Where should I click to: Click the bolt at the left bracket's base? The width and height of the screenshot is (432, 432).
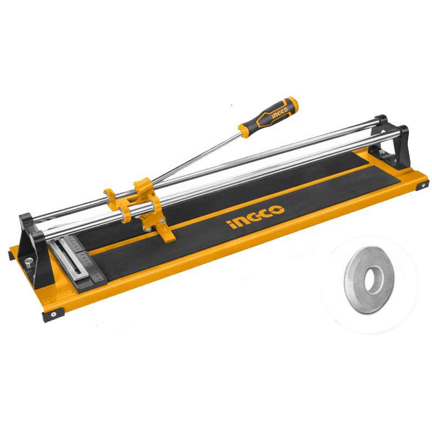coord(28,261)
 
